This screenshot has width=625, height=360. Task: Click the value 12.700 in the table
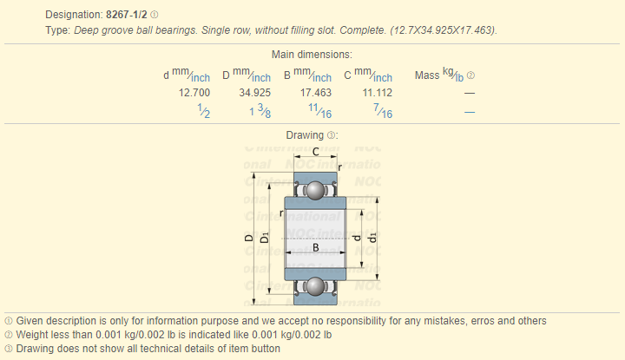(x=194, y=92)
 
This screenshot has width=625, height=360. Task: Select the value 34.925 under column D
(x=255, y=92)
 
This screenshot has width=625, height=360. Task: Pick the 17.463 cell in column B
(x=315, y=92)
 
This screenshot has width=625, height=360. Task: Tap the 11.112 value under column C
(x=377, y=92)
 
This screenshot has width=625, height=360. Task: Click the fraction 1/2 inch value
(x=204, y=111)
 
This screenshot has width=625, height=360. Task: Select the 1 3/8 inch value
(x=260, y=111)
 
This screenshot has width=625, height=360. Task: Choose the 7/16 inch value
(x=382, y=111)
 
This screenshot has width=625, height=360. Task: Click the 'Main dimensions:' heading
(x=312, y=55)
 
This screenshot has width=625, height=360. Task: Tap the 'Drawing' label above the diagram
(x=306, y=135)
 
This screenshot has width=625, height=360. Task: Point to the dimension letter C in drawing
(x=315, y=151)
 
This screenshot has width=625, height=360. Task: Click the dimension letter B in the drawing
(x=315, y=248)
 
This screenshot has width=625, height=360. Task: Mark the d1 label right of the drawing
(x=372, y=237)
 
